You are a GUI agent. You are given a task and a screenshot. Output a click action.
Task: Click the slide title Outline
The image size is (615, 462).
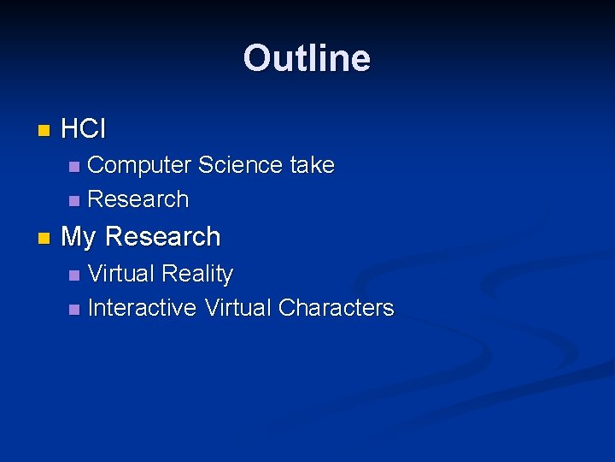point(307,58)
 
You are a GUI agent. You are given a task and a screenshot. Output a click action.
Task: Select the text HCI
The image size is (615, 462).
point(84,130)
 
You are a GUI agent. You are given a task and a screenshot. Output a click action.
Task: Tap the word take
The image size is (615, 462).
point(312,164)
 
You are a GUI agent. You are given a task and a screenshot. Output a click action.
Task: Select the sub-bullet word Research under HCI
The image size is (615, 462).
point(138,199)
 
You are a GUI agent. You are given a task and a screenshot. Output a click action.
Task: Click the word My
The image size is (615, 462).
point(79,237)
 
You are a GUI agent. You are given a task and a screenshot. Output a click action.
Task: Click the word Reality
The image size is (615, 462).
point(197,274)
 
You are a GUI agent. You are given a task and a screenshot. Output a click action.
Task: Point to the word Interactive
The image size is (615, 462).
point(142,308)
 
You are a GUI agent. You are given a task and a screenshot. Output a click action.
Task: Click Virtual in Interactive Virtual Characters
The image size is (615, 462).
point(237,308)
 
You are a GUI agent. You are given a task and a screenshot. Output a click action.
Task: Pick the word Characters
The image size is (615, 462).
point(336,308)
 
